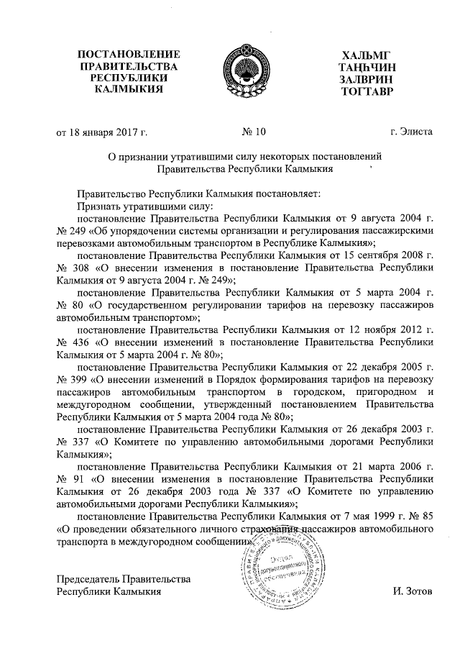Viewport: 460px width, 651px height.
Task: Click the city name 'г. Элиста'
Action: pyautogui.click(x=411, y=132)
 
